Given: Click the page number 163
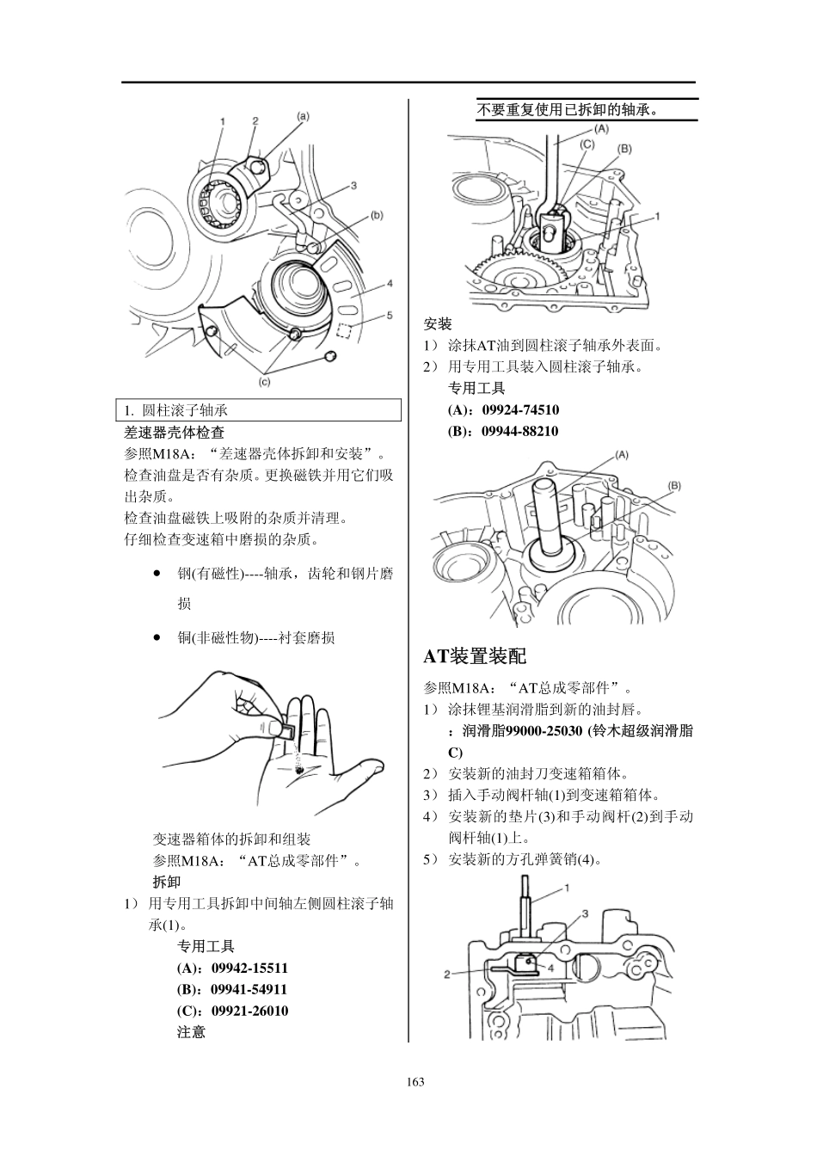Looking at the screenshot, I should (x=416, y=1082).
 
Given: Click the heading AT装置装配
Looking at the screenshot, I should (x=474, y=656).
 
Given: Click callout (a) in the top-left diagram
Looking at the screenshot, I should (x=304, y=115).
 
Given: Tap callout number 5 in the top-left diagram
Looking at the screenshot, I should (x=389, y=316).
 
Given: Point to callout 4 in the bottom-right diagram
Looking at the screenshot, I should (x=550, y=966).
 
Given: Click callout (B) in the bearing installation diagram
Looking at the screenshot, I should (x=673, y=486).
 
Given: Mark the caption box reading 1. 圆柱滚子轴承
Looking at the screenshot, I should (x=259, y=410).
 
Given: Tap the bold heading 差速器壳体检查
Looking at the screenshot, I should (x=175, y=432).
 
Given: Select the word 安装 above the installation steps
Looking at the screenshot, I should (x=438, y=324).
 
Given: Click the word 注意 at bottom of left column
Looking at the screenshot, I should (x=191, y=1032).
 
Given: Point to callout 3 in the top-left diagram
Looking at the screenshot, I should (x=353, y=185).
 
